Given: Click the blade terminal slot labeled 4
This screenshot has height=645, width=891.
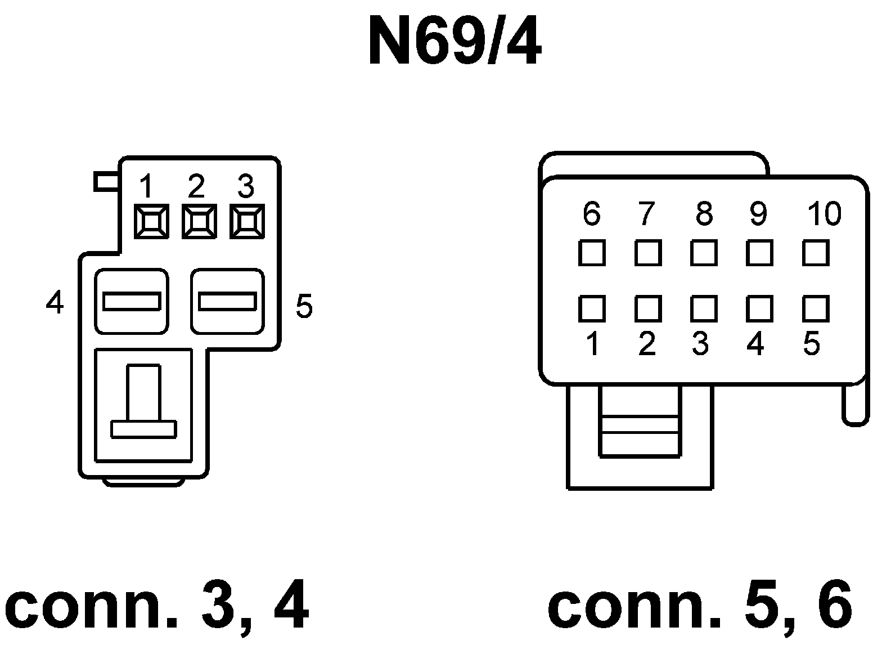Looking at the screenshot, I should click(132, 301).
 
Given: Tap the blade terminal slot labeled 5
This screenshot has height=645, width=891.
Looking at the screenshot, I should click(227, 301).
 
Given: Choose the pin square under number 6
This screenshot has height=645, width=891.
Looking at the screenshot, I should click(592, 253).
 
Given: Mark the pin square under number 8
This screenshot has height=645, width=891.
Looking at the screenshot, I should click(704, 253).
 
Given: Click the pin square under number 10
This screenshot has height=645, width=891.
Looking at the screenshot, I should click(816, 253).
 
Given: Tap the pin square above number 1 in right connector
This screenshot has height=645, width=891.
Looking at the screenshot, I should click(592, 309).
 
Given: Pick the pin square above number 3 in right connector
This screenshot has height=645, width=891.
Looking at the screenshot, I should click(704, 309).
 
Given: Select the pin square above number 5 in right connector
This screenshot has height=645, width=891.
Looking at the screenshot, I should click(816, 309).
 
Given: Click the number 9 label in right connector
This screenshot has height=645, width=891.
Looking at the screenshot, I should click(758, 213).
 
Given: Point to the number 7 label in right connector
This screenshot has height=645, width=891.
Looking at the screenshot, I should click(647, 213).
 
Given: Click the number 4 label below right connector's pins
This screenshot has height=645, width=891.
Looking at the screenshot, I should click(756, 343).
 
